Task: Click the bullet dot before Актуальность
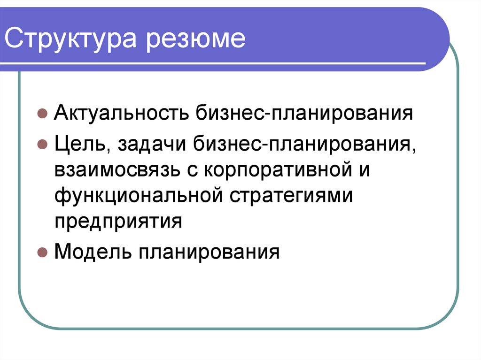[42, 115]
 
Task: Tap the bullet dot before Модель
[42, 253]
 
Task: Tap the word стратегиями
[291, 195]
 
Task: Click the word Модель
[93, 252]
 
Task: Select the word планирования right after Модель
[209, 252]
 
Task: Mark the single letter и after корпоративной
[364, 169]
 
